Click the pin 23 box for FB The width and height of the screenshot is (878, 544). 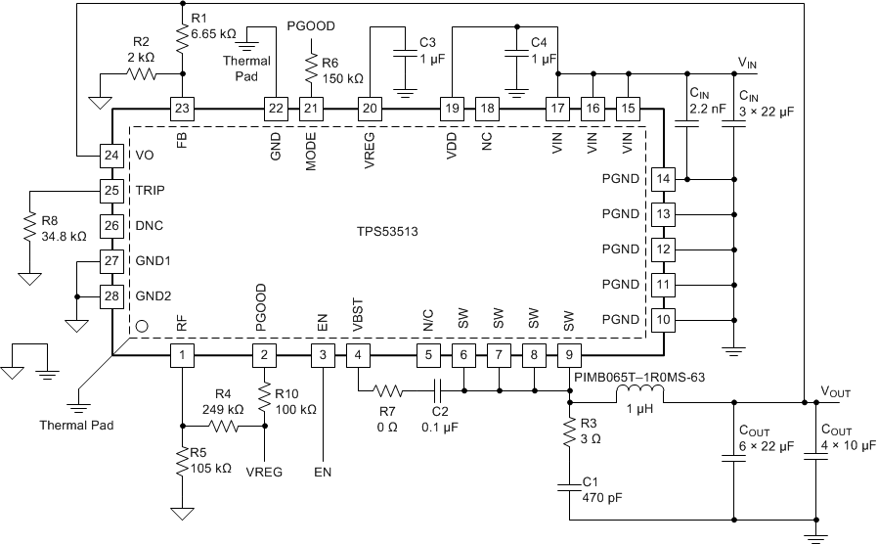(x=182, y=108)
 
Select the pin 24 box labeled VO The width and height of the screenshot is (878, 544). (x=113, y=155)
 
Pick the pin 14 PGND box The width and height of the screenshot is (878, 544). (x=665, y=179)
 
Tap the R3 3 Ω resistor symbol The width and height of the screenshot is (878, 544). (x=570, y=433)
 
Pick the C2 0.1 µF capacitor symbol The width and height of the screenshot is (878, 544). (x=437, y=389)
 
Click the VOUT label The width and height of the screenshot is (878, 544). (x=836, y=391)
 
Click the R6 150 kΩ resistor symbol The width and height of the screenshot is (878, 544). (x=311, y=71)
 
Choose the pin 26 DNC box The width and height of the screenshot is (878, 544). (x=113, y=225)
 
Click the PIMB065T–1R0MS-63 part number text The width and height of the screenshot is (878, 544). (x=633, y=373)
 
